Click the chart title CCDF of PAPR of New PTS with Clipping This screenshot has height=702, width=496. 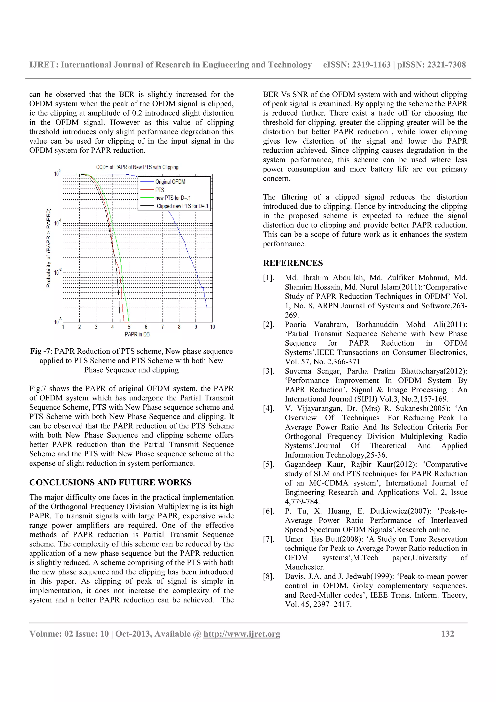coord(137,167)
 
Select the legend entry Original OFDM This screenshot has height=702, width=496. coord(170,182)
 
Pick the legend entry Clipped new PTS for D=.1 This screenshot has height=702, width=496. coord(182,206)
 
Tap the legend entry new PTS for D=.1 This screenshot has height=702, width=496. coord(173,198)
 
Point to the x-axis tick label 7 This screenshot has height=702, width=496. coord(163,327)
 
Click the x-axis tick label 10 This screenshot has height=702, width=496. coord(212,327)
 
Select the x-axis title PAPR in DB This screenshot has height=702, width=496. coord(137,334)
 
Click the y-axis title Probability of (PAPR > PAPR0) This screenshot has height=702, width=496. coord(48,248)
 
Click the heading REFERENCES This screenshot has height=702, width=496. coord(293,263)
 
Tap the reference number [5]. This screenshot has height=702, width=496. coord(269,464)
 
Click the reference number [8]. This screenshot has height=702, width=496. coord(269,576)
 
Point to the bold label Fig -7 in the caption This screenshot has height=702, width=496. coord(40,351)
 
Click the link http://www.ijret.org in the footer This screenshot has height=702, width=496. coord(242,633)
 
